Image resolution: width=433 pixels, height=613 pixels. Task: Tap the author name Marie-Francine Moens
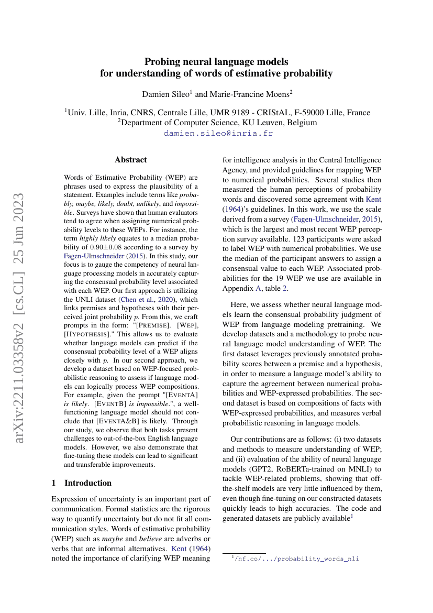249,94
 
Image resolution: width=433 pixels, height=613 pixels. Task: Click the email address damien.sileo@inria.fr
218,134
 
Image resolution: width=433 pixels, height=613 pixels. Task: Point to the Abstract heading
131,160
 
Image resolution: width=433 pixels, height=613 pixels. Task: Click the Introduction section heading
88,483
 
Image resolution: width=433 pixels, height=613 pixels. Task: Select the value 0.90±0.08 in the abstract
105,246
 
